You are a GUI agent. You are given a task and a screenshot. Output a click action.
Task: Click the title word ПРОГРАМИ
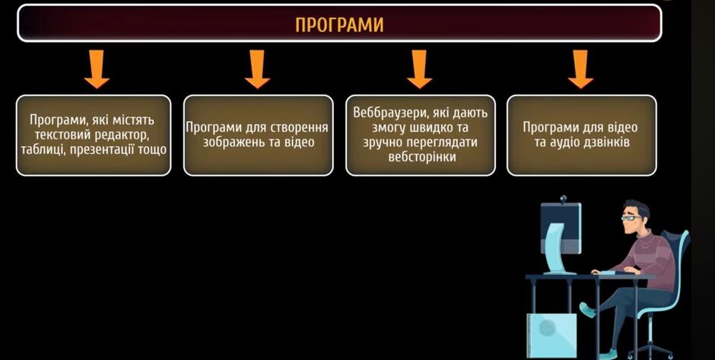(339, 25)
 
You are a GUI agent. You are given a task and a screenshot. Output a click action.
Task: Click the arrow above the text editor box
(97, 69)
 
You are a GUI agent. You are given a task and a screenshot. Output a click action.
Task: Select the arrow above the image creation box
(257, 69)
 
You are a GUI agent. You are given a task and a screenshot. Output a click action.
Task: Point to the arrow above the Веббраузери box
(420, 69)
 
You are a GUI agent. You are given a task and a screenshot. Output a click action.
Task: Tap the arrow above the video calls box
(580, 69)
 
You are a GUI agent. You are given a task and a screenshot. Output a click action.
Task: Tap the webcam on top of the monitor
(563, 199)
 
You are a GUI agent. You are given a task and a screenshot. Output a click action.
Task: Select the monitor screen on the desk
(561, 228)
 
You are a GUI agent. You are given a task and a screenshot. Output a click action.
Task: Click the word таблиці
(42, 150)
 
